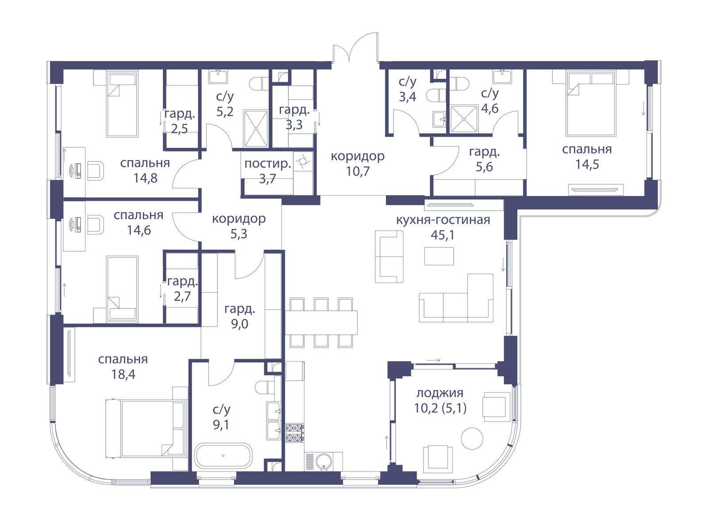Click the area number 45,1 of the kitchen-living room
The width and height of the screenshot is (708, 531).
click(442, 235)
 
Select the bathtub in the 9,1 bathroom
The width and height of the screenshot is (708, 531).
click(223, 456)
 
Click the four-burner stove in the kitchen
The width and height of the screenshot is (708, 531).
click(295, 433)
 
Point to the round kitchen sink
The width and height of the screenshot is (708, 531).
click(323, 461)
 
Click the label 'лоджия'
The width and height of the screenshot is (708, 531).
click(440, 393)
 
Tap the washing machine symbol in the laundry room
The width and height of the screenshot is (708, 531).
click(303, 161)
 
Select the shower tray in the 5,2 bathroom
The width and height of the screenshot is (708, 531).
click(256, 129)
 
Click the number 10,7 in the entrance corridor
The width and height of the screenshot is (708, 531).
click(358, 171)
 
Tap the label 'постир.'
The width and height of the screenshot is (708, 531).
click(268, 164)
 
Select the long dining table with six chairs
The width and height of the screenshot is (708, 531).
click(321, 323)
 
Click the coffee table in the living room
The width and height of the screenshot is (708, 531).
click(439, 256)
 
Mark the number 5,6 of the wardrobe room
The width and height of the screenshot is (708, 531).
click(484, 167)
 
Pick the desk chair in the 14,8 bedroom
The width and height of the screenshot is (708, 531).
click(96, 171)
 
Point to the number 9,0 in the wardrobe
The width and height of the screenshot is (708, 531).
click(240, 324)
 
